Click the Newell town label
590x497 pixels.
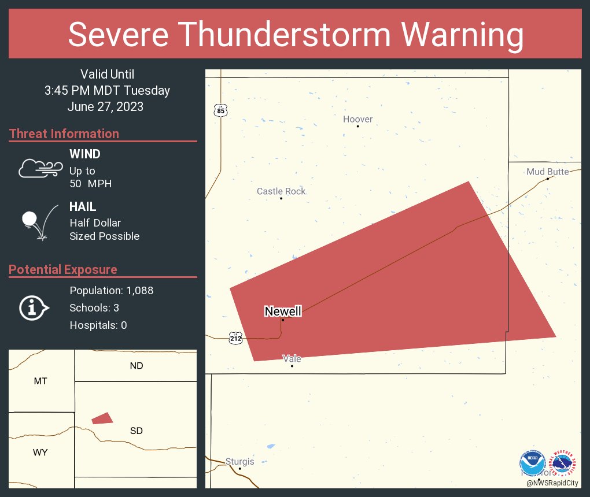(283, 311)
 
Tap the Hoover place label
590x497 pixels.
(357, 119)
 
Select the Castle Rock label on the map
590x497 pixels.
(281, 191)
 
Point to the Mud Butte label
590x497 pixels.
(547, 172)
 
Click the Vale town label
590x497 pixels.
(292, 358)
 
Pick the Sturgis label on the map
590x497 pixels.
(239, 462)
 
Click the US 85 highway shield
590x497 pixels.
(220, 110)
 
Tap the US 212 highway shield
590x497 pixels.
(235, 337)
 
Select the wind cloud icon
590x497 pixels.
(40, 168)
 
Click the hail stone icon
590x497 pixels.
(38, 222)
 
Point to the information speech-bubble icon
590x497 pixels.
(34, 307)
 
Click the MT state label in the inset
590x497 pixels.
(40, 381)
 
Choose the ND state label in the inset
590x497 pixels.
(137, 366)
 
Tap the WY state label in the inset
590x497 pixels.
(40, 453)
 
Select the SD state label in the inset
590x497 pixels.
(137, 431)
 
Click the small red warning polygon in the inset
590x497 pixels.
(102, 418)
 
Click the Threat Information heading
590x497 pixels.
(64, 133)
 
